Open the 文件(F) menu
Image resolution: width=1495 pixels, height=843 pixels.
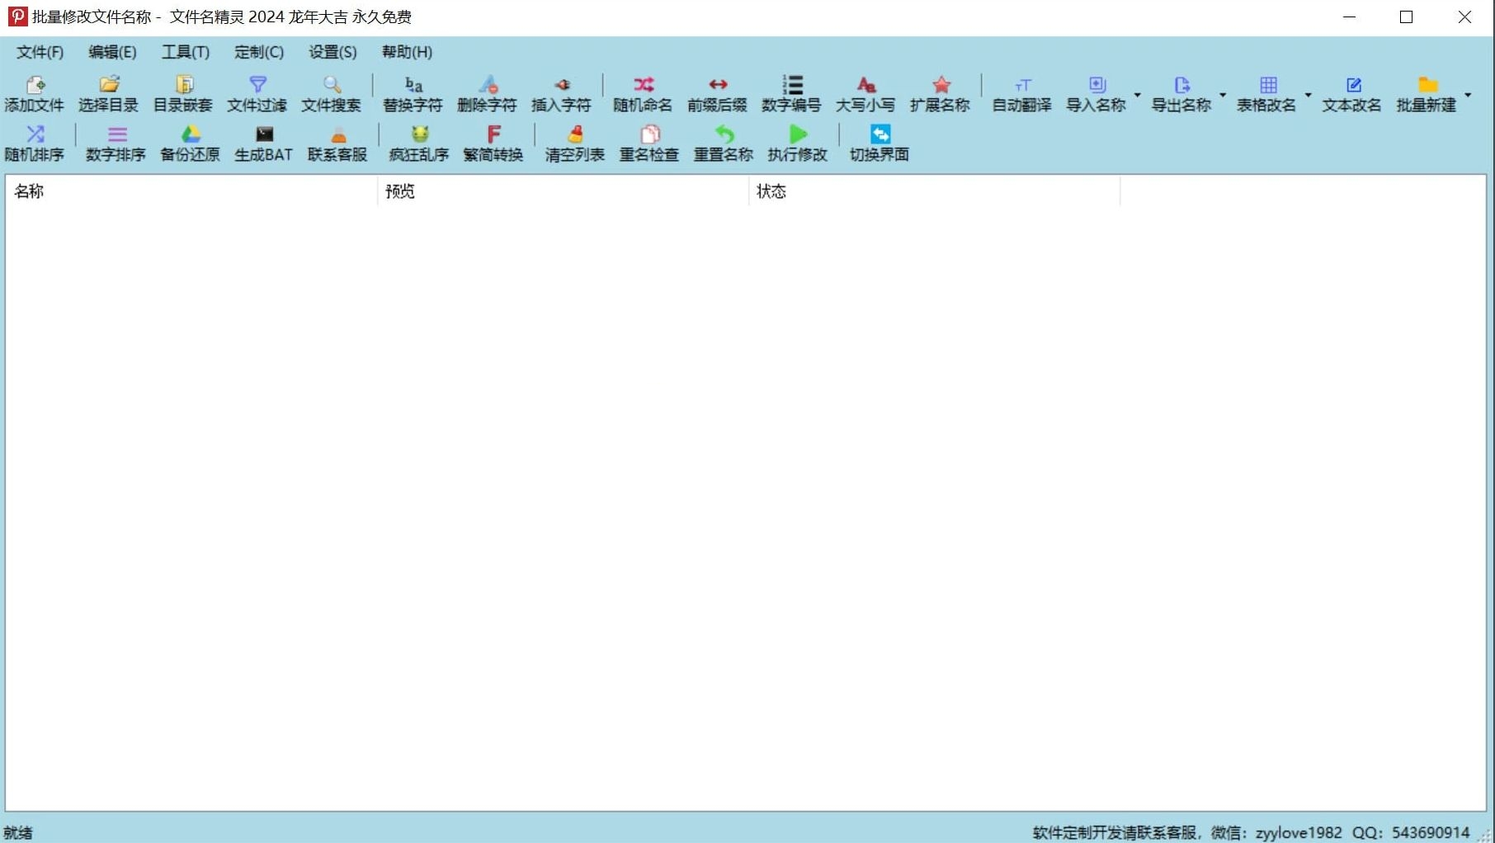coord(40,52)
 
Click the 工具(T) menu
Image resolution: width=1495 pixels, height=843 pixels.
coord(185,52)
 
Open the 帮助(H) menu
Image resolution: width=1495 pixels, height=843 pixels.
coord(407,52)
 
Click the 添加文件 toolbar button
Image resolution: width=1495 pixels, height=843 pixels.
coord(34,94)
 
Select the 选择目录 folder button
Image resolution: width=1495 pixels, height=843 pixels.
coord(108,94)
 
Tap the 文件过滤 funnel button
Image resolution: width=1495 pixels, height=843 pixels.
coord(257,94)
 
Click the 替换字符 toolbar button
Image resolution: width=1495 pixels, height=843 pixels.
coord(413,94)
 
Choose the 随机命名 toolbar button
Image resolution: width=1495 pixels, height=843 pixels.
coord(643,94)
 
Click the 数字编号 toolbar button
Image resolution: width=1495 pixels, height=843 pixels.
coord(791,94)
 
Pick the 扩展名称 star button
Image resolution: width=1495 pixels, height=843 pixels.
coord(940,94)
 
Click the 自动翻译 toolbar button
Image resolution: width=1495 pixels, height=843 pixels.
coord(1021,94)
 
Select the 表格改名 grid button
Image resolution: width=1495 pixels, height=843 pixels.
coord(1266,94)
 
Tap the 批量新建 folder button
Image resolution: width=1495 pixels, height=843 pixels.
coord(1427,94)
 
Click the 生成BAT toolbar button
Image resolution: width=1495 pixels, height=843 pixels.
coord(263,144)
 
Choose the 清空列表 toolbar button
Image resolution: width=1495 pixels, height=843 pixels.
coord(575,144)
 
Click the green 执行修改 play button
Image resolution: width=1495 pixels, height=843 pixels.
coord(797,144)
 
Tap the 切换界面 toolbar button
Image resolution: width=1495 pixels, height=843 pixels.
coord(880,144)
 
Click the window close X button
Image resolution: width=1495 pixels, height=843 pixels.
coord(1464,17)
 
